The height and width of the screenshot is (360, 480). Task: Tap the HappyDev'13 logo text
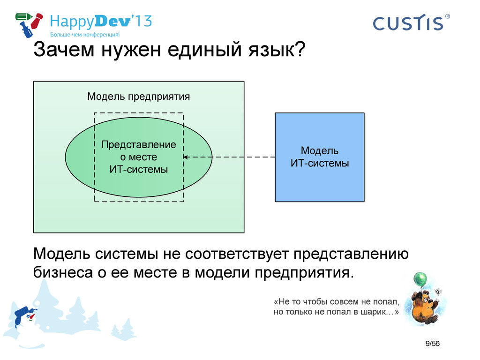point(101,22)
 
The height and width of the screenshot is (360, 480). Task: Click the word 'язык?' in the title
point(277,50)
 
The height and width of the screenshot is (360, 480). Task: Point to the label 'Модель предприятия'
point(139,97)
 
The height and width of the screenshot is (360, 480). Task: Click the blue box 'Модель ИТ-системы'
point(320,157)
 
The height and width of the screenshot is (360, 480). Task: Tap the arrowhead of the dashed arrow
point(186,157)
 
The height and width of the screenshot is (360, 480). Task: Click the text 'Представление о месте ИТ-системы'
point(139,157)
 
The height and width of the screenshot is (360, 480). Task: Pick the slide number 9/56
point(432,344)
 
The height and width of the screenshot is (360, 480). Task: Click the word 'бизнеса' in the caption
point(63,272)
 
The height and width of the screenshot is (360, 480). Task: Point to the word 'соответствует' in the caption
point(237,254)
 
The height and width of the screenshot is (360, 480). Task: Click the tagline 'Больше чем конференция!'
point(85,35)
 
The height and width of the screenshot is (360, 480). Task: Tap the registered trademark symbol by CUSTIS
point(447,16)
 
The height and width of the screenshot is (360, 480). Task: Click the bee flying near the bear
point(438,291)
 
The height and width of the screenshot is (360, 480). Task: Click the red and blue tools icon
point(29,24)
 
